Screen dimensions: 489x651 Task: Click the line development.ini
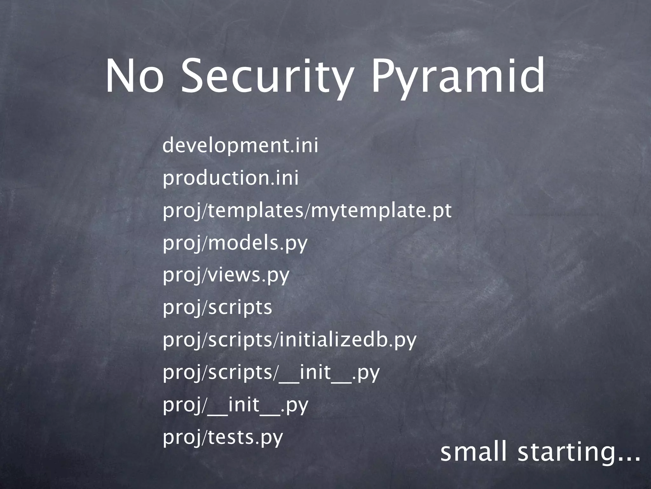(x=240, y=145)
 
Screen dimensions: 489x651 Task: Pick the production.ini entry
(x=231, y=178)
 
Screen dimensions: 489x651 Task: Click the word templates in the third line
(x=256, y=211)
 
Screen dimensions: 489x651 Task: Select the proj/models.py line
(x=235, y=243)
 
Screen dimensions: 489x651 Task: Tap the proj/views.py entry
(x=226, y=275)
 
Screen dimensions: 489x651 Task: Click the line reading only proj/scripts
(x=217, y=308)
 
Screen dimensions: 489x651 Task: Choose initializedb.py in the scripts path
(x=347, y=340)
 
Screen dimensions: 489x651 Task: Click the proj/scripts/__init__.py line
(x=271, y=372)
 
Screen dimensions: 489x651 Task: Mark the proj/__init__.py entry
(x=236, y=405)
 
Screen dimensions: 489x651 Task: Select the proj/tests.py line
(x=223, y=437)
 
